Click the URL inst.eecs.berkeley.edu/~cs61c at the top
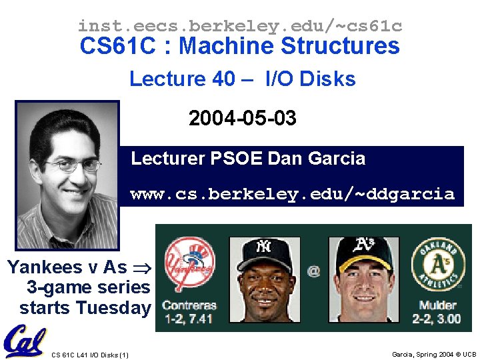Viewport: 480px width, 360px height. [240, 26]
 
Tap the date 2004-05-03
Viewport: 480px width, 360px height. [242, 119]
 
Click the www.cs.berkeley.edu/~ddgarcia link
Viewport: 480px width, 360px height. [292, 195]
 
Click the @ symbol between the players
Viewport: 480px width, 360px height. [313, 271]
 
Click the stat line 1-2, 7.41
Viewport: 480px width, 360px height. [190, 319]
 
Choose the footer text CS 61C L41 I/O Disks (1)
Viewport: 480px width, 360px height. [90, 355]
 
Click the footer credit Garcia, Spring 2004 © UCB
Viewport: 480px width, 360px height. [434, 355]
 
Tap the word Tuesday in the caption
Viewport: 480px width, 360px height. [113, 308]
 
